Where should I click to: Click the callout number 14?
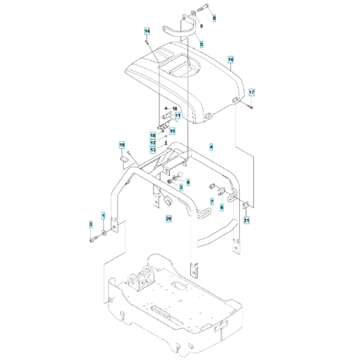click(147, 32)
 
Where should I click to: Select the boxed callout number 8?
click(214, 18)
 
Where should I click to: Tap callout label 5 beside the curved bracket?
click(201, 44)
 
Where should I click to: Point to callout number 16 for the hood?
click(230, 60)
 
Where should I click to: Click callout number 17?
click(252, 92)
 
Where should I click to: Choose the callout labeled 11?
click(178, 116)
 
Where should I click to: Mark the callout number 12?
click(153, 143)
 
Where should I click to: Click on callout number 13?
click(153, 150)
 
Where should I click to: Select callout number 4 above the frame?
click(210, 147)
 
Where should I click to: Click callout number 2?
click(181, 187)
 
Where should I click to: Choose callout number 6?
click(222, 207)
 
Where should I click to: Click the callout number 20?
click(168, 219)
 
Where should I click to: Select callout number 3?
click(91, 224)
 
